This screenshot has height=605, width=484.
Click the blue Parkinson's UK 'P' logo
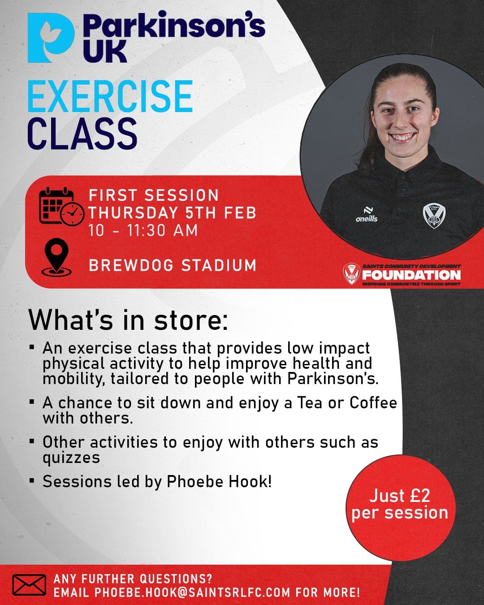[x=51, y=38]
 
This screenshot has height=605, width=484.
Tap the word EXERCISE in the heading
[x=110, y=96]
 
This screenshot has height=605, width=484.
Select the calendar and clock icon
[x=61, y=206]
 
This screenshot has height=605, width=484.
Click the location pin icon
[x=56, y=258]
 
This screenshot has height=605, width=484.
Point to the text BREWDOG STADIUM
[x=173, y=265]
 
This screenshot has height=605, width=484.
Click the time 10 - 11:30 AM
[x=143, y=230]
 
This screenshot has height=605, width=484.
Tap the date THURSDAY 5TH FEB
[x=173, y=212]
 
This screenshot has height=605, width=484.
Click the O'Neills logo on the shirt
[x=367, y=215]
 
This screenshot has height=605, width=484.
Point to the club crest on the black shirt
[x=434, y=216]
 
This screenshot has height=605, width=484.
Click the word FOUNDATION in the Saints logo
[x=411, y=275]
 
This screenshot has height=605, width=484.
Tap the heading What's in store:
[x=128, y=320]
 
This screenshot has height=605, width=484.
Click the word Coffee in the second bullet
[x=373, y=402]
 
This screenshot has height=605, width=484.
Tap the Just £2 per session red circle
[x=401, y=508]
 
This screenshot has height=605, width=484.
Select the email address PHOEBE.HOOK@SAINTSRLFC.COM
[x=192, y=592]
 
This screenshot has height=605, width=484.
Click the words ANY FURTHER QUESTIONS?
[x=133, y=579]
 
